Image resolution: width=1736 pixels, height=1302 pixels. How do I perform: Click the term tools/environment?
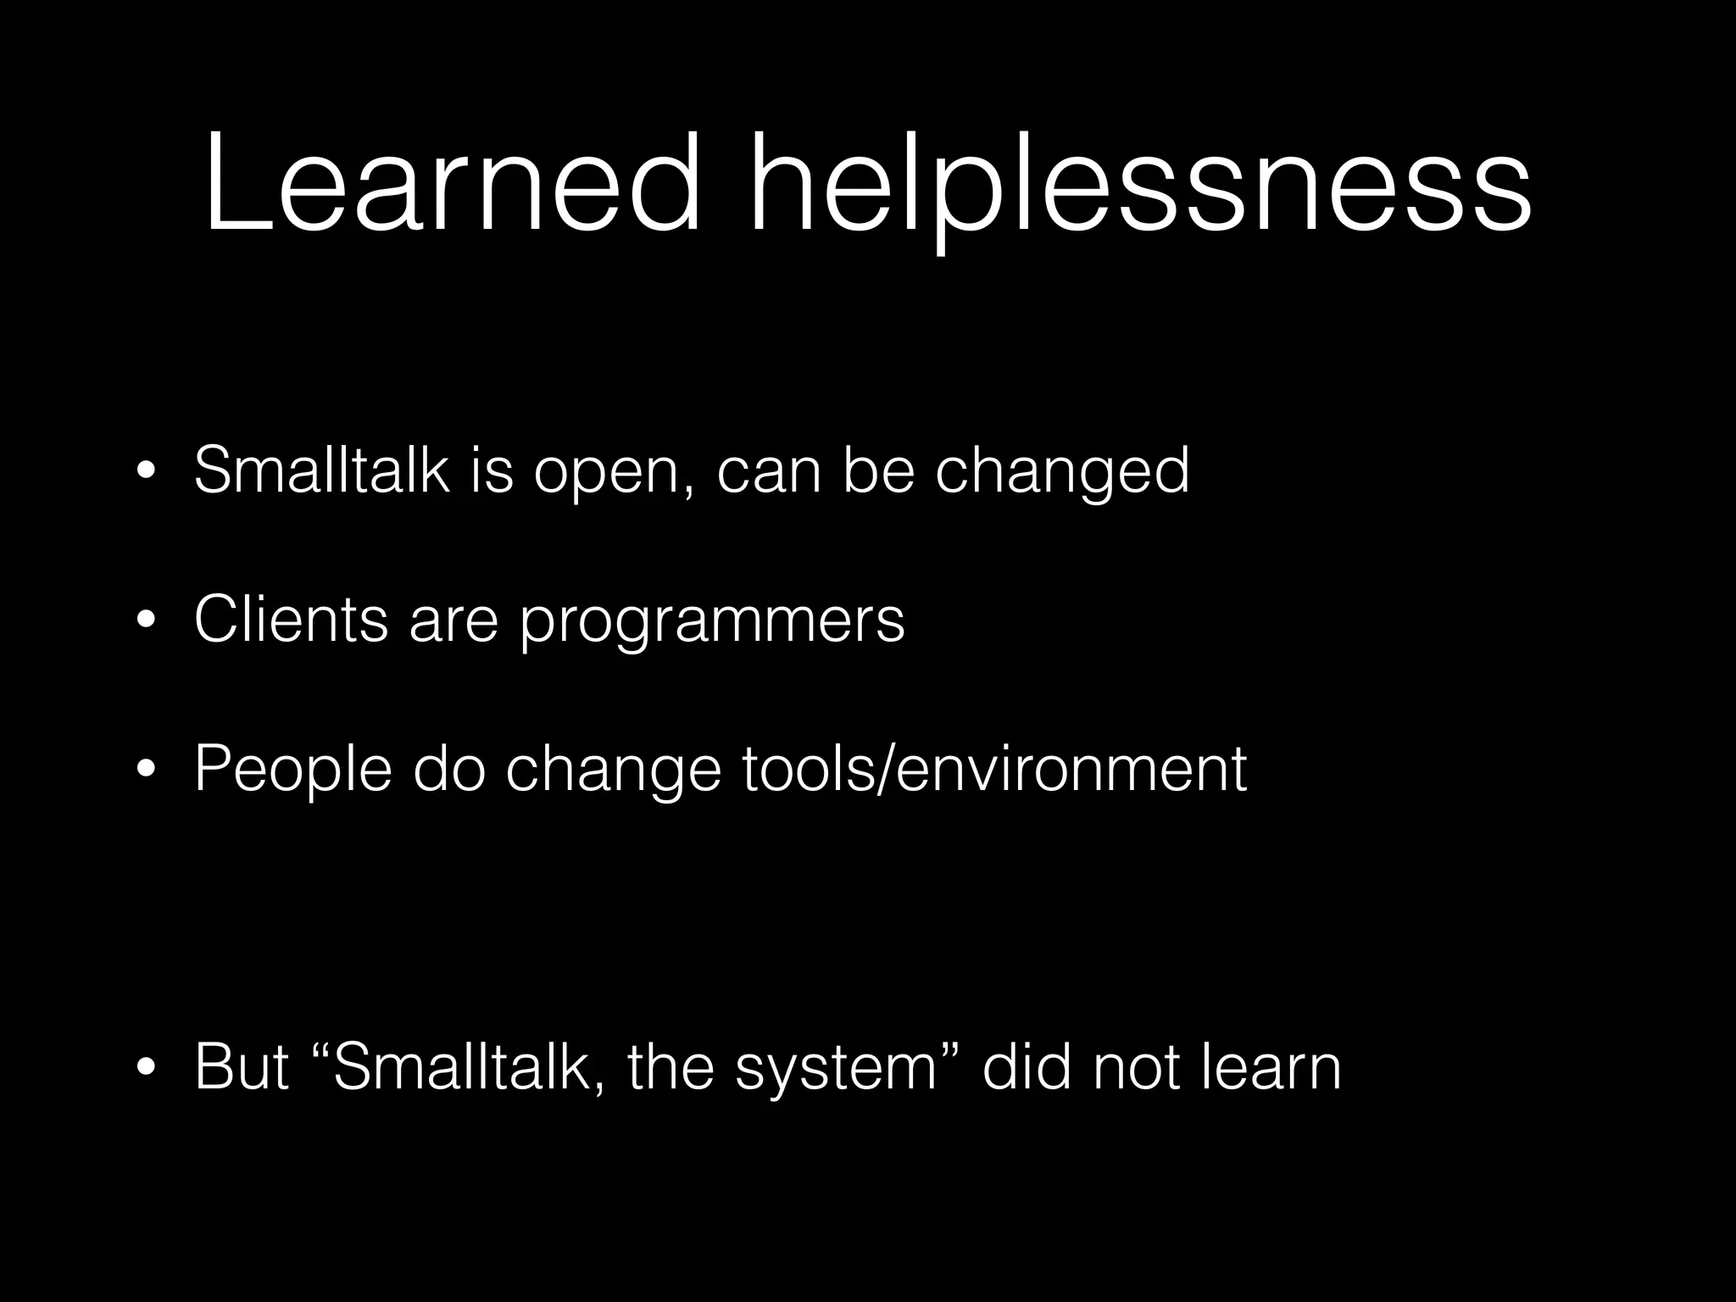point(993,770)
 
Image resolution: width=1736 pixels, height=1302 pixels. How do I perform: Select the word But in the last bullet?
point(242,1067)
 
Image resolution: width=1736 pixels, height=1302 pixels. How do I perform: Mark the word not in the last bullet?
point(1136,1067)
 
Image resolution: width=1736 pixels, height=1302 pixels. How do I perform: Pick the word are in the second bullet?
point(453,621)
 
